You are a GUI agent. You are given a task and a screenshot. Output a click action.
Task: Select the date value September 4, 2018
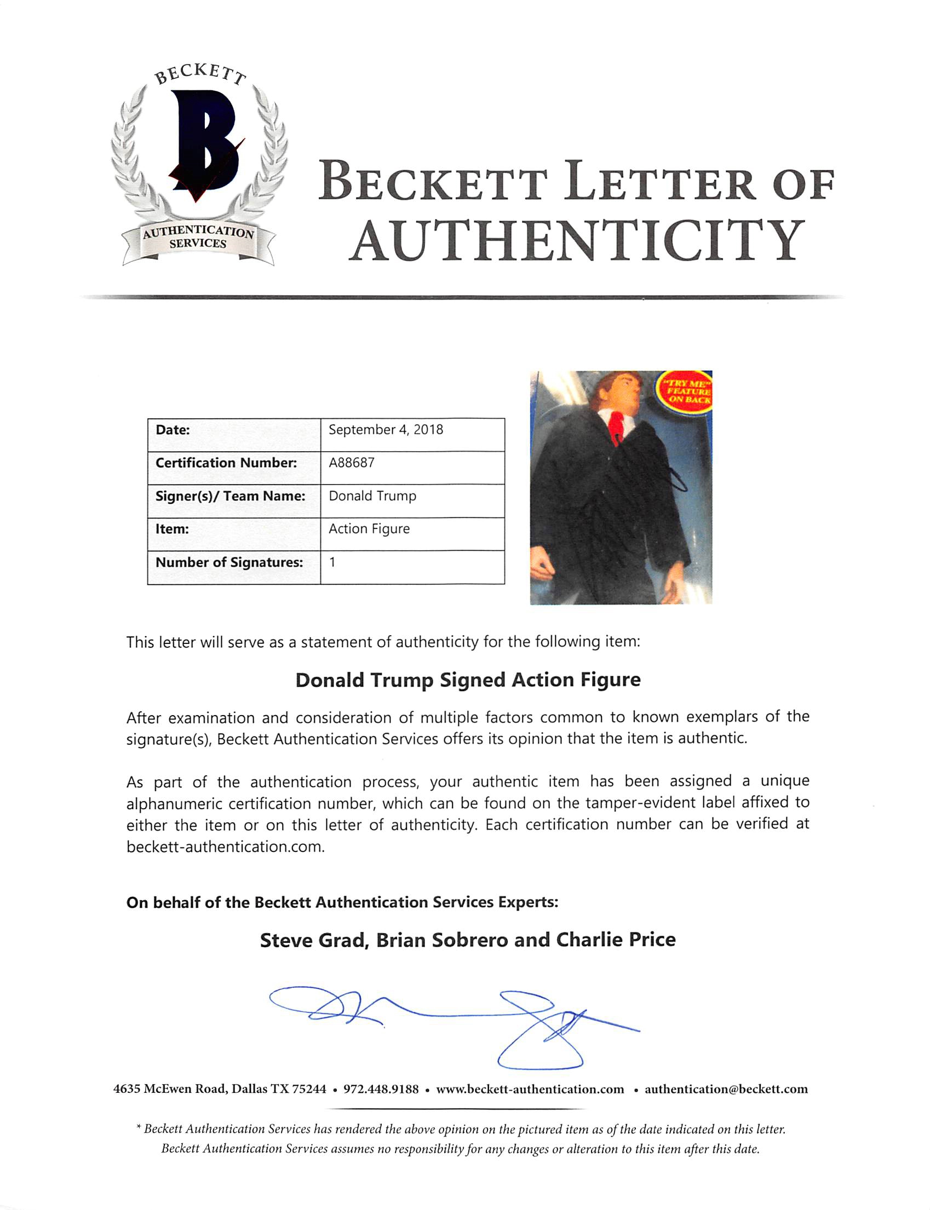(386, 430)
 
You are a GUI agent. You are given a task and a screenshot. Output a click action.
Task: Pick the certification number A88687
(352, 463)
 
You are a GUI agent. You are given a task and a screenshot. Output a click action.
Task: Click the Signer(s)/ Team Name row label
(230, 495)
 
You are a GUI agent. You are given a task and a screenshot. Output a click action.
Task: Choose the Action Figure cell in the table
(369, 529)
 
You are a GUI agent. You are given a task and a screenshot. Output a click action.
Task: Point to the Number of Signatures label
(229, 562)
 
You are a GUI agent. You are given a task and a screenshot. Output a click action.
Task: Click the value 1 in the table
(332, 562)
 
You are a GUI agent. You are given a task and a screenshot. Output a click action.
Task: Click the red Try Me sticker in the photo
(685, 391)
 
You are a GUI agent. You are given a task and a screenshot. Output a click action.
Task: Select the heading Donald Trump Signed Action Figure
(468, 679)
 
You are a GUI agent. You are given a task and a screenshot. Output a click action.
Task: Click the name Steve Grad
(313, 940)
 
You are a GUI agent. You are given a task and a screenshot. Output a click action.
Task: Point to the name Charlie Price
(616, 940)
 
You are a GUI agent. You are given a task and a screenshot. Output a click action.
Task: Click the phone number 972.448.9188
(381, 1090)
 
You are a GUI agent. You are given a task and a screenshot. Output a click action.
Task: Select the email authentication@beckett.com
(726, 1090)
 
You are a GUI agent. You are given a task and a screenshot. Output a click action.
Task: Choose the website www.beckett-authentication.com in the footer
(530, 1090)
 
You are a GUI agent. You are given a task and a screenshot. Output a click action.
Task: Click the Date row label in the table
(173, 430)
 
